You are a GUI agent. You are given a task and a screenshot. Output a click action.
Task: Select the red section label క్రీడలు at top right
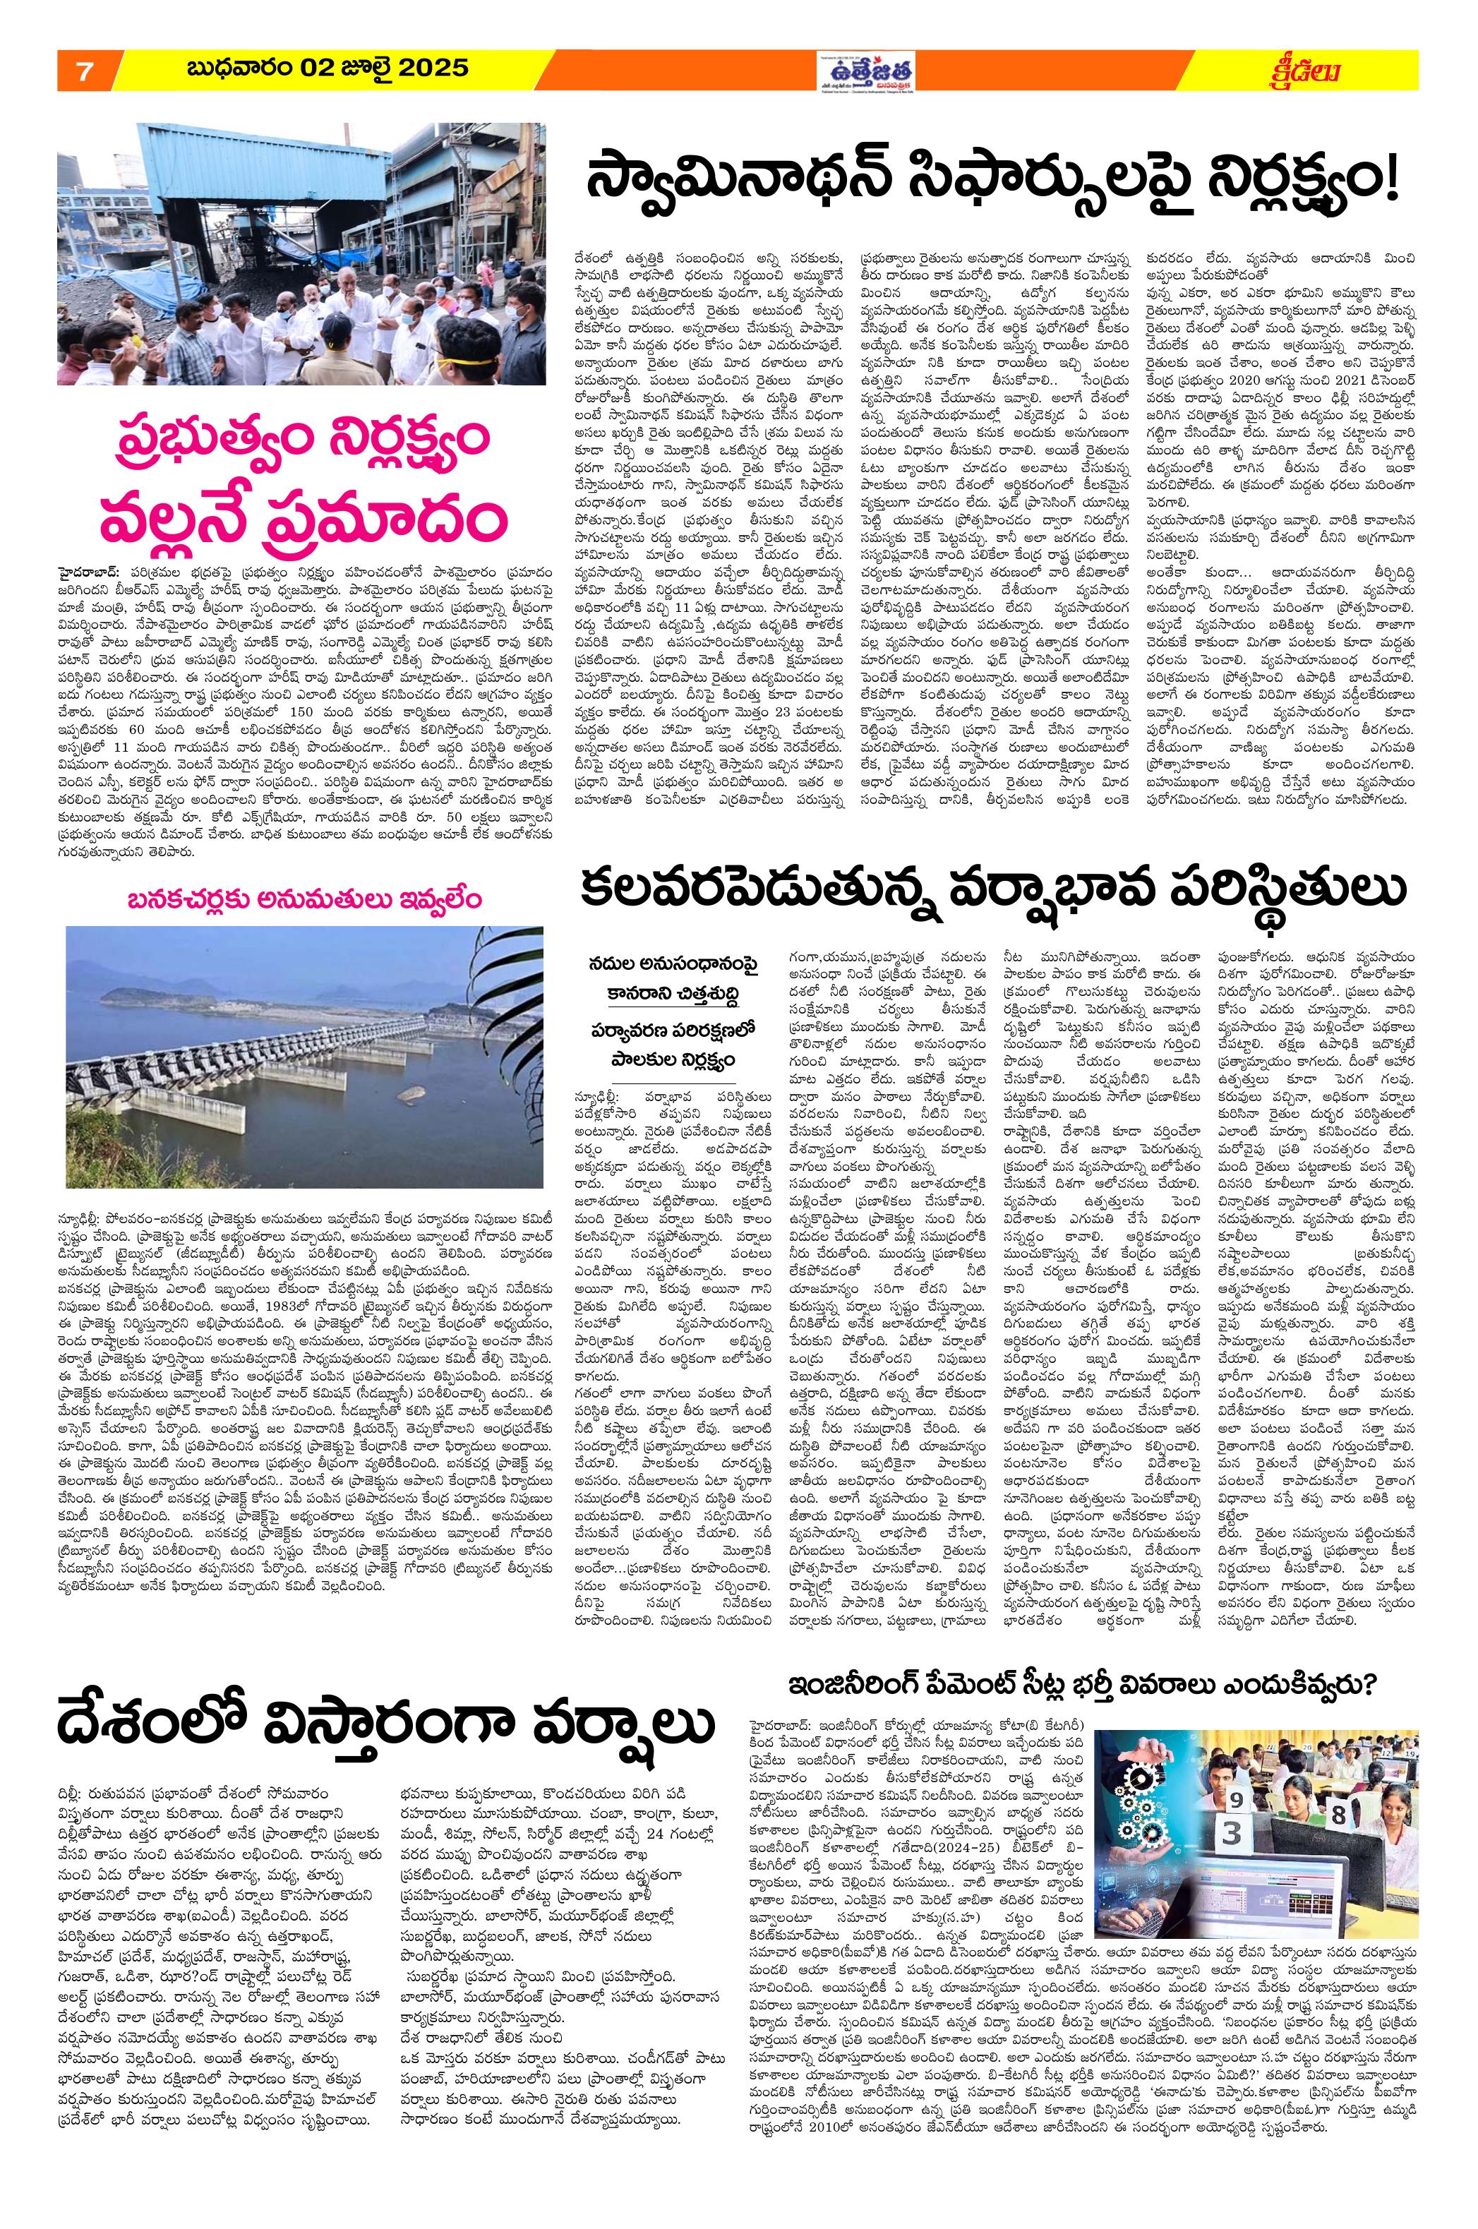(1310, 71)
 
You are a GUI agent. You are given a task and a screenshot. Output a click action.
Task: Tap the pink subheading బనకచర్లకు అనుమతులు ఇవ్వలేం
(304, 899)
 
